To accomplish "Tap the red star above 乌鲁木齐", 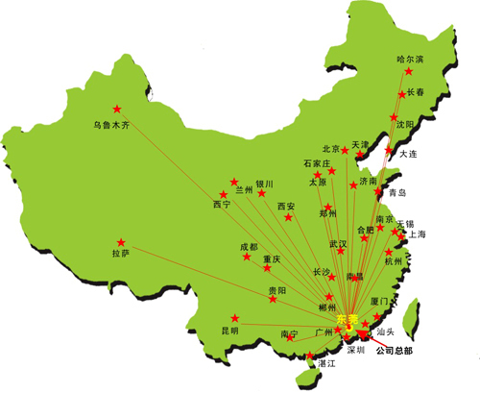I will (x=118, y=108).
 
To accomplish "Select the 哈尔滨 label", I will (x=410, y=60).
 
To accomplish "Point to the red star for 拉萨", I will (x=121, y=242).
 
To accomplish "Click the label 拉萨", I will (x=120, y=255).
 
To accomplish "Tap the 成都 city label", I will (x=249, y=247).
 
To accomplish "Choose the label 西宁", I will (x=222, y=205).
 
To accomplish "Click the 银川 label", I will (x=264, y=184).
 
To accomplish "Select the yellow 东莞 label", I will (x=348, y=318).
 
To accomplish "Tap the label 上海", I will (x=416, y=233).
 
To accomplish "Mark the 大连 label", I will (x=408, y=154).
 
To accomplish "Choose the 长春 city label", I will (x=416, y=92).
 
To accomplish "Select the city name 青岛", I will (x=397, y=194).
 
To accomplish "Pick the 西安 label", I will (x=286, y=207).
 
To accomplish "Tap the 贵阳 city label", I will (x=276, y=290).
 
